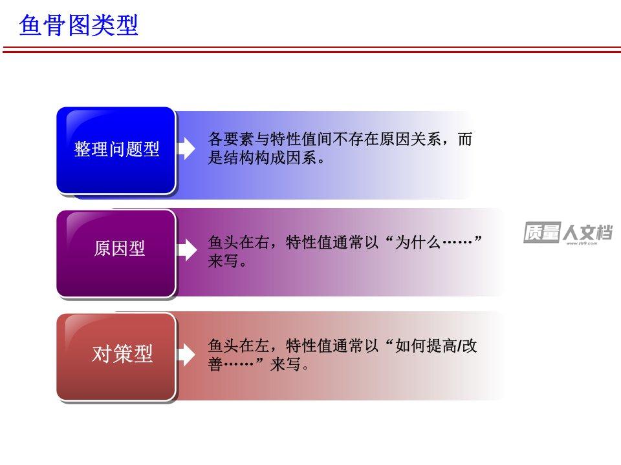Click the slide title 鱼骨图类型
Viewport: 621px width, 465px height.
(78, 25)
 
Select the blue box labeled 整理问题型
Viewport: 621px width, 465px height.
(116, 150)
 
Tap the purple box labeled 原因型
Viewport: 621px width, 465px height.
(116, 253)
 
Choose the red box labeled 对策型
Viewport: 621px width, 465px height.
(116, 356)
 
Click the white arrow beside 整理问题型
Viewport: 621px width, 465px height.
(186, 149)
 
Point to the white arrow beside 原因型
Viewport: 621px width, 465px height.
(186, 251)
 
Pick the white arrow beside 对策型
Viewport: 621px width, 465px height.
(186, 354)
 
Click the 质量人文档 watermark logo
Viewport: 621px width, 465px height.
(568, 233)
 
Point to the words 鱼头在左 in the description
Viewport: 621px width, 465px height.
(239, 346)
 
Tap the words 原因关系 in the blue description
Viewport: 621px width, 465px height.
(410, 139)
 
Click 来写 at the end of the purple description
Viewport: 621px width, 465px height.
(223, 261)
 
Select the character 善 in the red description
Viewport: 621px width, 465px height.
(216, 364)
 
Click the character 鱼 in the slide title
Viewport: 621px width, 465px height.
(30, 25)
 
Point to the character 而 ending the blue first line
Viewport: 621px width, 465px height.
(465, 139)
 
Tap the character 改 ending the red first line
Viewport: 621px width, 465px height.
(470, 346)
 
